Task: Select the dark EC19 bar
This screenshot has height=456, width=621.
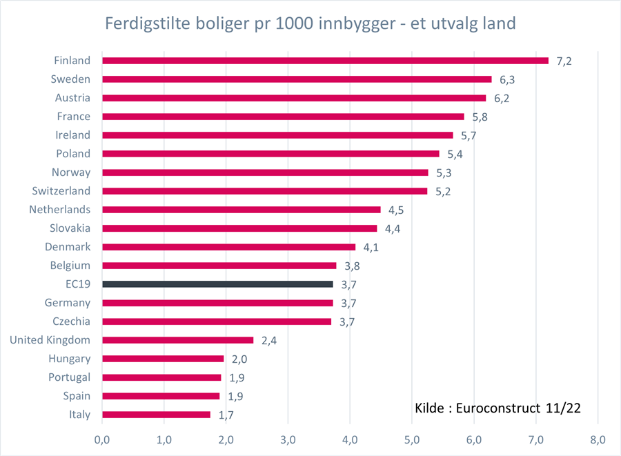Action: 217,284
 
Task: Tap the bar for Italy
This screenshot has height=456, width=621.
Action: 156,415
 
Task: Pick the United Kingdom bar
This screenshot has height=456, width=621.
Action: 177,340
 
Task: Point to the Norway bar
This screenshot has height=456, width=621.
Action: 265,172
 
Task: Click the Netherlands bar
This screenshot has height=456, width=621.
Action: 241,210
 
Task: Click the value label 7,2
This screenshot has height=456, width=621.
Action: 564,61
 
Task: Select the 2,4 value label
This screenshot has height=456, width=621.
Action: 269,340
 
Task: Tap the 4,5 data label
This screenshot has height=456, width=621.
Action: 397,210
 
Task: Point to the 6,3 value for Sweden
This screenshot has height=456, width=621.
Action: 507,79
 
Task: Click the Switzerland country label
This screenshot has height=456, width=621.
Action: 61,191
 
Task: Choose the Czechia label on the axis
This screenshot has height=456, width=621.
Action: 71,321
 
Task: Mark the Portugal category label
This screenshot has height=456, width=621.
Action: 69,377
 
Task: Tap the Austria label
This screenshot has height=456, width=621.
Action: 72,98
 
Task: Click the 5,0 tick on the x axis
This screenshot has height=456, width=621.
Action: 412,439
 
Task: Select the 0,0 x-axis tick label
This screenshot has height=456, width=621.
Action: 102,439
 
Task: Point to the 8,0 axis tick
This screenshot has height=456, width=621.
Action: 598,439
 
